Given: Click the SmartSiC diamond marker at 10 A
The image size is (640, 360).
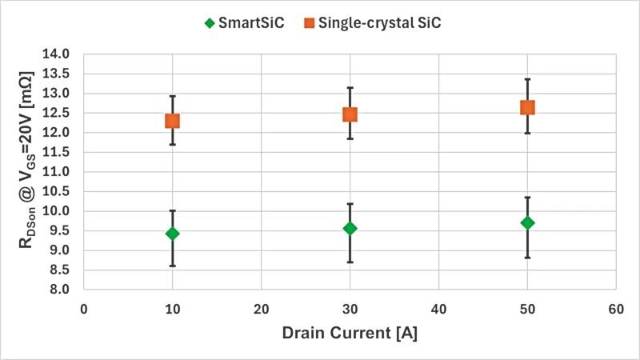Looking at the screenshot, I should (x=172, y=234).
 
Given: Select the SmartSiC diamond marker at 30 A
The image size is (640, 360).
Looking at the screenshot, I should (x=350, y=228).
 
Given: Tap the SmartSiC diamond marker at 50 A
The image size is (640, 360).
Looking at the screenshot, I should (x=527, y=222).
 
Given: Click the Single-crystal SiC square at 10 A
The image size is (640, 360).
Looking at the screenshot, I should (x=172, y=121).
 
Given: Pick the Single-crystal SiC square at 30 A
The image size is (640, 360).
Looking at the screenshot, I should (x=350, y=114).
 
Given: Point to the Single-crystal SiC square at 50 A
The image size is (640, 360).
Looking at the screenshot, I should (x=527, y=107).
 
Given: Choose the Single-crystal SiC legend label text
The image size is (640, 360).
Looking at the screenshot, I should (x=380, y=23).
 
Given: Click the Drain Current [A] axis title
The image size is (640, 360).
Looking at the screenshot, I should (x=350, y=333).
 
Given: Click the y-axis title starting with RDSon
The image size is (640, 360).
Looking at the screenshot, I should (x=26, y=172).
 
